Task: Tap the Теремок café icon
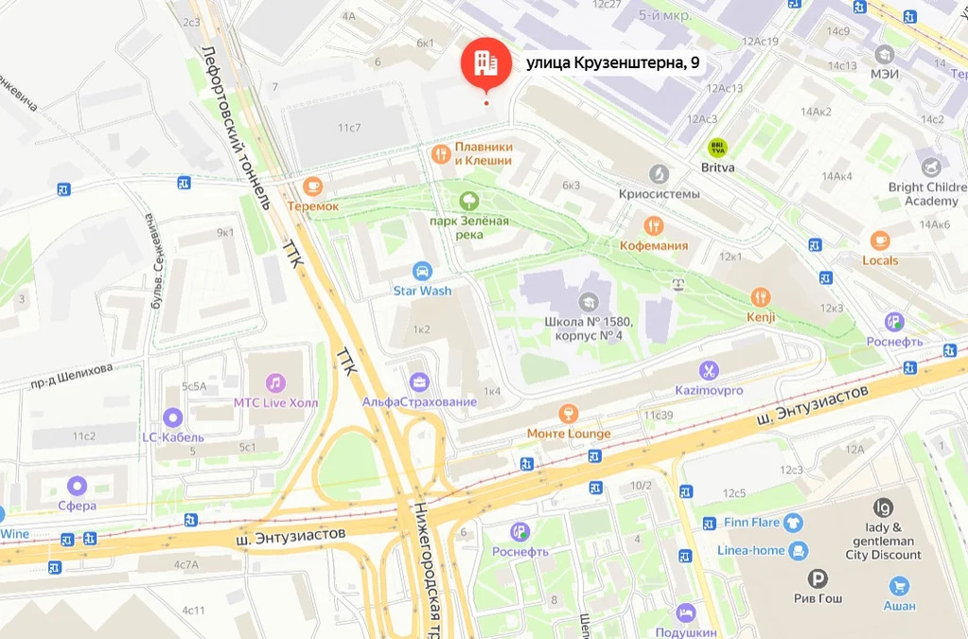point(313,186)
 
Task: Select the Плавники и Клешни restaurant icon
point(439,153)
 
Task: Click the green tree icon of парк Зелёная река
point(467,201)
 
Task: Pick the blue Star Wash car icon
point(422,271)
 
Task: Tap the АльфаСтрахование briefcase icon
point(418,382)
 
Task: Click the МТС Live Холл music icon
point(275,382)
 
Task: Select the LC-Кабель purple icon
point(172,417)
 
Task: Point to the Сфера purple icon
point(76,486)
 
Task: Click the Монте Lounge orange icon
point(568,413)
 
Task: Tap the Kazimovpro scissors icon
point(709,370)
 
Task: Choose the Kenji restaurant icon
point(760,297)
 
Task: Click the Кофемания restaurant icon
point(653,225)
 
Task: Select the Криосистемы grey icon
point(659,174)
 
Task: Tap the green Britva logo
point(717,148)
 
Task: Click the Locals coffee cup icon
point(880,240)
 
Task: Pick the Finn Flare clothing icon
point(792,521)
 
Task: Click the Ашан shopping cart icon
point(899,585)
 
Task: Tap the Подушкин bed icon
point(686,612)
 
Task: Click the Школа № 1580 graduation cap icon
point(588,301)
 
